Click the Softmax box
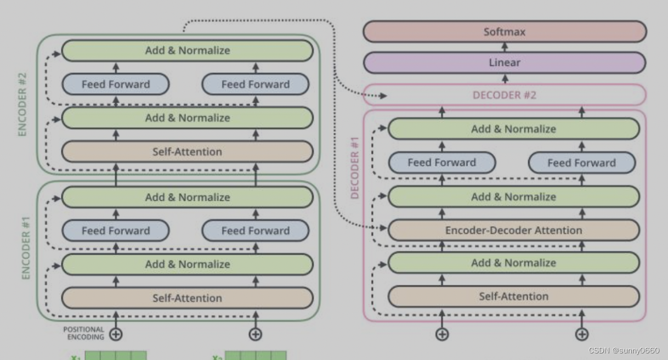tap(505, 32)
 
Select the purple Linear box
tap(505, 63)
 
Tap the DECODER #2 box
tap(505, 95)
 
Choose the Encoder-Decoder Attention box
tap(513, 230)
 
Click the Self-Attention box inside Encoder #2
tap(187, 151)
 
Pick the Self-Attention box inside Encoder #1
tap(187, 298)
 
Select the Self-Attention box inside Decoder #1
tap(513, 296)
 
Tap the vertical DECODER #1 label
tap(355, 167)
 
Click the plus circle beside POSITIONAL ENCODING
tap(116, 334)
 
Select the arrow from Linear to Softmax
tap(505, 47)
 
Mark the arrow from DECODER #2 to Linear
tap(505, 78)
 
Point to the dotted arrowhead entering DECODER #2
tap(383, 96)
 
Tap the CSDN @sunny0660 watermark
tap(624, 351)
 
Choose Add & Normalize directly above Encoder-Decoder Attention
tap(513, 197)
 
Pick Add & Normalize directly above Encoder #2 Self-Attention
tap(187, 118)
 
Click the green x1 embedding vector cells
tap(115, 356)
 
